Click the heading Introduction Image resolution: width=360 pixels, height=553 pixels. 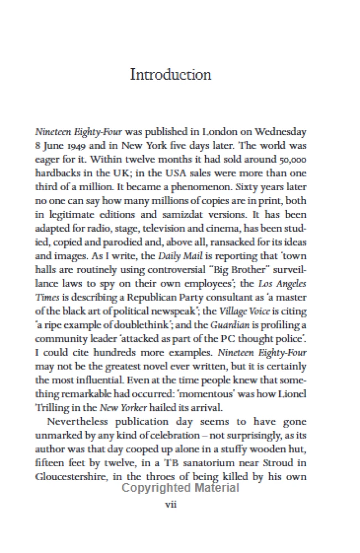pyautogui.click(x=170, y=75)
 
